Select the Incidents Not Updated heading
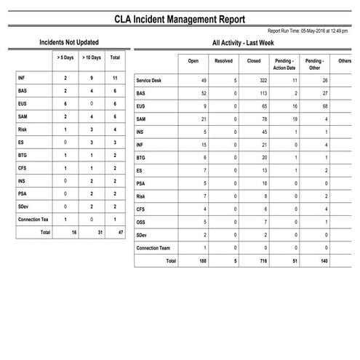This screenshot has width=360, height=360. point(69,43)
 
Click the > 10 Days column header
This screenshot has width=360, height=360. point(91,57)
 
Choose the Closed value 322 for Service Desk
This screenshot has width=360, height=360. point(255,80)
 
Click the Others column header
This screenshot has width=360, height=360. point(345,61)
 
